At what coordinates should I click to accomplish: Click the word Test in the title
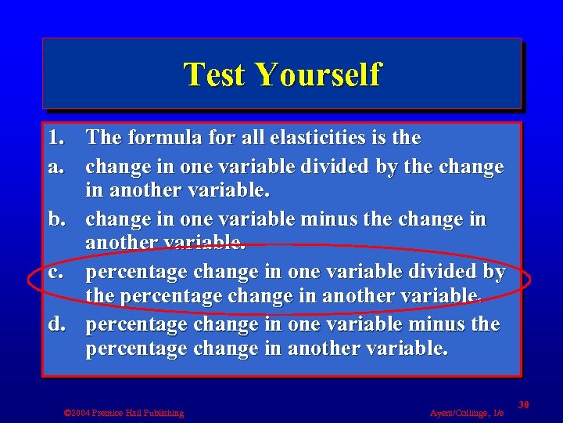tap(215, 75)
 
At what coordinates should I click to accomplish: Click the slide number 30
tap(524, 404)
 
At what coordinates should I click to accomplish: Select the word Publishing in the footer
tap(163, 413)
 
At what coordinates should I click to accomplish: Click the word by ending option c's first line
tap(495, 273)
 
